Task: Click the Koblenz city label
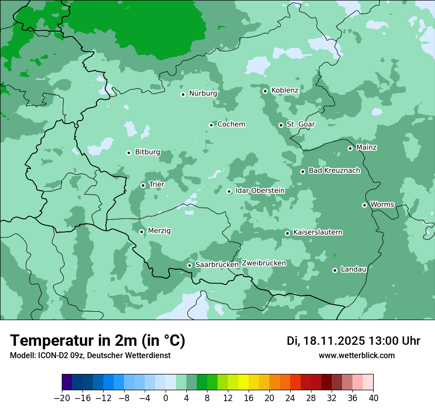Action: (285, 90)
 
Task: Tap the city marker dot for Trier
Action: (143, 185)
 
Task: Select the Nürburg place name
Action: (203, 93)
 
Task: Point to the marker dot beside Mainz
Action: (350, 148)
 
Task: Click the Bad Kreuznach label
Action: (334, 170)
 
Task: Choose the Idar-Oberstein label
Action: (260, 191)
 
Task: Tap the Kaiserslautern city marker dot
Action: (287, 233)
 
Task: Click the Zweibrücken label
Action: (263, 263)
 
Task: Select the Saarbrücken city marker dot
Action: (189, 265)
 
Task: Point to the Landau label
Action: (353, 269)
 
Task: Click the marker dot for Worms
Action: (364, 205)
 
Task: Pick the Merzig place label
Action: (159, 231)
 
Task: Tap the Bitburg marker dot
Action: (129, 153)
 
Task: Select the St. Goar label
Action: (301, 124)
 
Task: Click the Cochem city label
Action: (231, 124)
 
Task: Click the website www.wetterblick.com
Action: (356, 356)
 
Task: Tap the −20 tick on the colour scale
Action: (62, 398)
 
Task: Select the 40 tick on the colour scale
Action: (373, 398)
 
